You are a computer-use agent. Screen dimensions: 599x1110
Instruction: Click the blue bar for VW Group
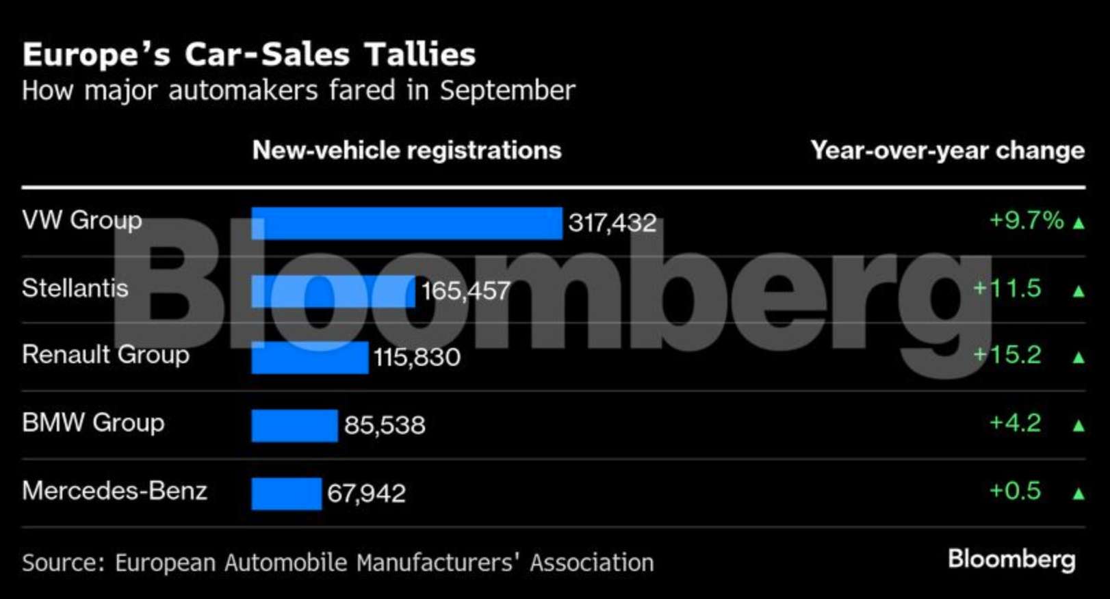[x=406, y=223]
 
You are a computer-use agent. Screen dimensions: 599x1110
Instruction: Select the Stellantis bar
[x=333, y=291]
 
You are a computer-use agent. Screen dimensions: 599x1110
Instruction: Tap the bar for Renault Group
[x=310, y=358]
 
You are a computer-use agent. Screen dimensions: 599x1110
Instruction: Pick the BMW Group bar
[x=294, y=425]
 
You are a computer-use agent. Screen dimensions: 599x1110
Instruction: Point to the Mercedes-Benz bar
[x=286, y=493]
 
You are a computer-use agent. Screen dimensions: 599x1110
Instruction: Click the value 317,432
[x=612, y=223]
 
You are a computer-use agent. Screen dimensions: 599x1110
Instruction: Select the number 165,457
[x=466, y=291]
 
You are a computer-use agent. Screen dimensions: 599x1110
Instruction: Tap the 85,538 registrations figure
[x=385, y=425]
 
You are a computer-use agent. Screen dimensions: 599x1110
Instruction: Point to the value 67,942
[x=367, y=493]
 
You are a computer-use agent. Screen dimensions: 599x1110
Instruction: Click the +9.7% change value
[x=1027, y=220]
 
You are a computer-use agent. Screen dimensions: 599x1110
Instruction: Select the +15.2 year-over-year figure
[x=1007, y=354]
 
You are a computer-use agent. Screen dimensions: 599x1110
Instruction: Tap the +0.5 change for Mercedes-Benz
[x=1016, y=490]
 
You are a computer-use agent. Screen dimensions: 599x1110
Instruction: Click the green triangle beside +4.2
[x=1079, y=426]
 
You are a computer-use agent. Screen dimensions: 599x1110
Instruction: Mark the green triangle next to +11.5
[x=1079, y=291]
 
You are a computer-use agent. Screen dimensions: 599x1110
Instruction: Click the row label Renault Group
[x=105, y=354]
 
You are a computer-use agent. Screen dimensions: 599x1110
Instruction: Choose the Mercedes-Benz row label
[x=114, y=490]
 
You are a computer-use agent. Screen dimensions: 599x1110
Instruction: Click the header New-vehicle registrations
[x=406, y=150]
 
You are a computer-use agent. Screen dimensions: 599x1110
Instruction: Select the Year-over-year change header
[x=948, y=150]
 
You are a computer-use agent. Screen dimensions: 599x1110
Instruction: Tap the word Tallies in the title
[x=420, y=55]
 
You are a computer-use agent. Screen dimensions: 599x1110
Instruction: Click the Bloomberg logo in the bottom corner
[x=1011, y=559]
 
